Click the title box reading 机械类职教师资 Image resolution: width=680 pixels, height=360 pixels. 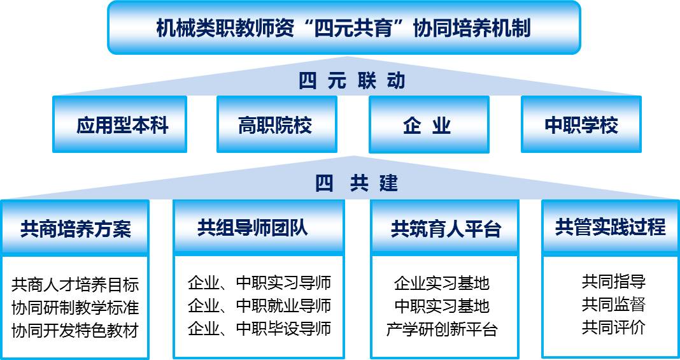coord(344,27)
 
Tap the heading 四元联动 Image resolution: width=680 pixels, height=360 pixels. coord(351,81)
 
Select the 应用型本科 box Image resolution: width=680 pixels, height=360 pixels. coord(120,124)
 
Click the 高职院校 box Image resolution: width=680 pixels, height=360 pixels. coord(277,124)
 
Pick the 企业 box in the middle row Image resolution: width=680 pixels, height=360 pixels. coord(429,124)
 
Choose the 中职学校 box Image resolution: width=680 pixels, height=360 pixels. coord(581,124)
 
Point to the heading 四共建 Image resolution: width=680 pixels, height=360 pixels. coord(356,184)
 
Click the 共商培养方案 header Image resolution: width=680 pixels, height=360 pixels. coord(75,227)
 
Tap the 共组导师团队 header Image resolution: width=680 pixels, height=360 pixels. coord(259,227)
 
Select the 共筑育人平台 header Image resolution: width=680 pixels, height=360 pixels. coord(445,227)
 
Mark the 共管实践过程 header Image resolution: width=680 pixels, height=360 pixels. coord(611,227)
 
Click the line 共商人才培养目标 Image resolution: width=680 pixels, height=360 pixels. coord(75,285)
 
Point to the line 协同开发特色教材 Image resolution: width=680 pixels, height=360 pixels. coord(75,331)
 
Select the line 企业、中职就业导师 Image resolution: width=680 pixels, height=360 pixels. coord(259,306)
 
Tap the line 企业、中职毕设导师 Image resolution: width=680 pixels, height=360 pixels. coord(259,328)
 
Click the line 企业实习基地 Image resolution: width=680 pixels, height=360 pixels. coord(442,284)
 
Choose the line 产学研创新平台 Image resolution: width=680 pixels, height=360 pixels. coord(442,329)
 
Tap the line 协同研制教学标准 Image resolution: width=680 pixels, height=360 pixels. coord(75,308)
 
